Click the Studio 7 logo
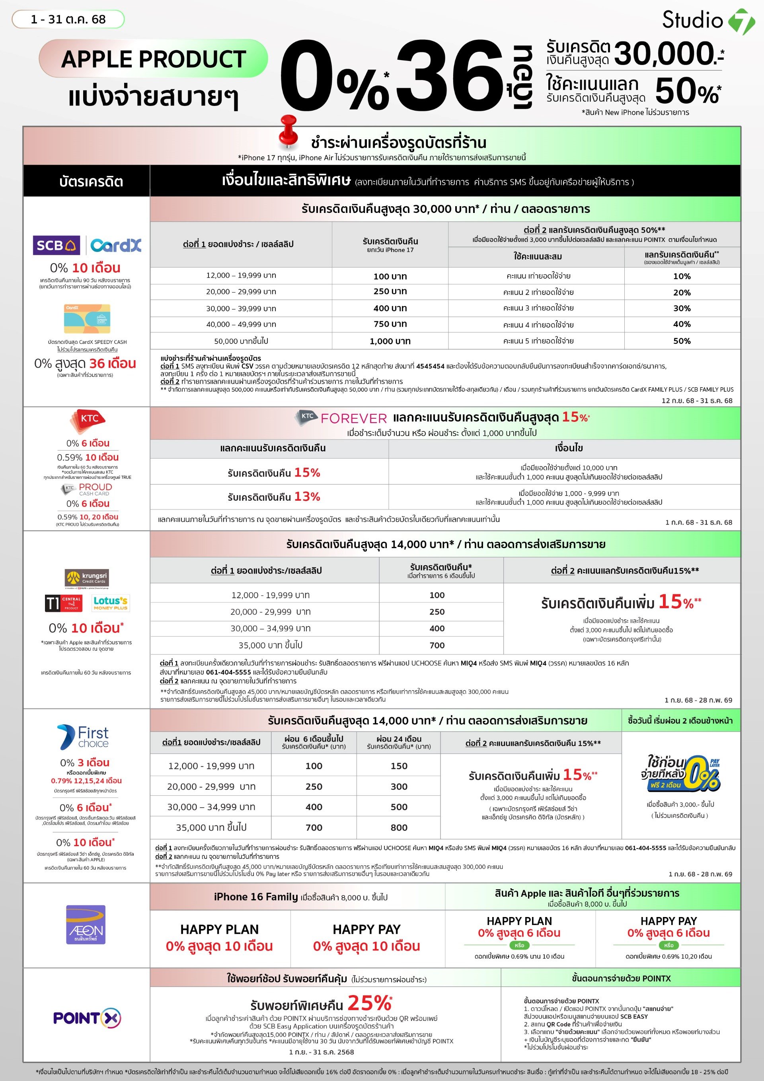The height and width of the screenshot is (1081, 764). (708, 21)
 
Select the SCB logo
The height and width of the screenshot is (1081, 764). (56, 245)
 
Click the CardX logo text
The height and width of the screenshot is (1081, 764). (116, 245)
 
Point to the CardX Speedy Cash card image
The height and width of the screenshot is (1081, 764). (87, 319)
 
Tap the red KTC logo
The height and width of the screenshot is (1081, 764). (88, 420)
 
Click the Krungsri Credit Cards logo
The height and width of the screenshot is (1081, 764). (87, 578)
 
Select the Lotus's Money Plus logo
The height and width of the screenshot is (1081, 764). (110, 603)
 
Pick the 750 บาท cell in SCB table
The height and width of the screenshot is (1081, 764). (390, 324)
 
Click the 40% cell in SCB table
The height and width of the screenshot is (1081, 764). (682, 324)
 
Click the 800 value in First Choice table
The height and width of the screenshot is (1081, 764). (399, 827)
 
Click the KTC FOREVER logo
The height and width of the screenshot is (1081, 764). (341, 418)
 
